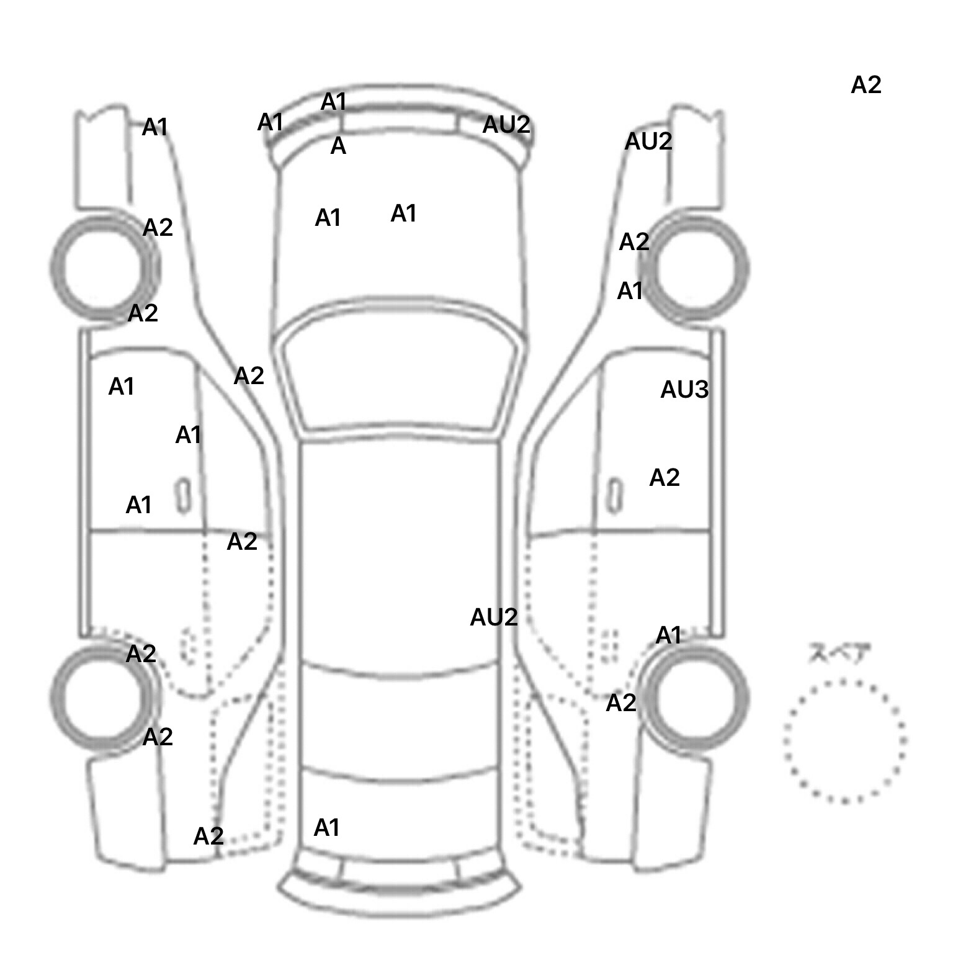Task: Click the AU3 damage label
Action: point(684,390)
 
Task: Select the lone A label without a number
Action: point(338,146)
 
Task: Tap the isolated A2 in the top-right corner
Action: point(866,85)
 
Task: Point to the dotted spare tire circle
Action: point(844,741)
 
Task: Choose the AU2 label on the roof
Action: point(494,617)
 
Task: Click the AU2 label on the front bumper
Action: point(506,125)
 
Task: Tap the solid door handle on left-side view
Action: point(183,496)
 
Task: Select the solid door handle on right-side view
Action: point(614,496)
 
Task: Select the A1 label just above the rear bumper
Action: point(327,828)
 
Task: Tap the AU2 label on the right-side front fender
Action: point(648,141)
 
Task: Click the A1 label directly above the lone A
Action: point(334,102)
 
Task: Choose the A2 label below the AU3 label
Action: point(664,478)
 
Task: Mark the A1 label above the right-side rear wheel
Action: point(669,635)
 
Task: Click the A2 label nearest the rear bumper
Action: point(208,836)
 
